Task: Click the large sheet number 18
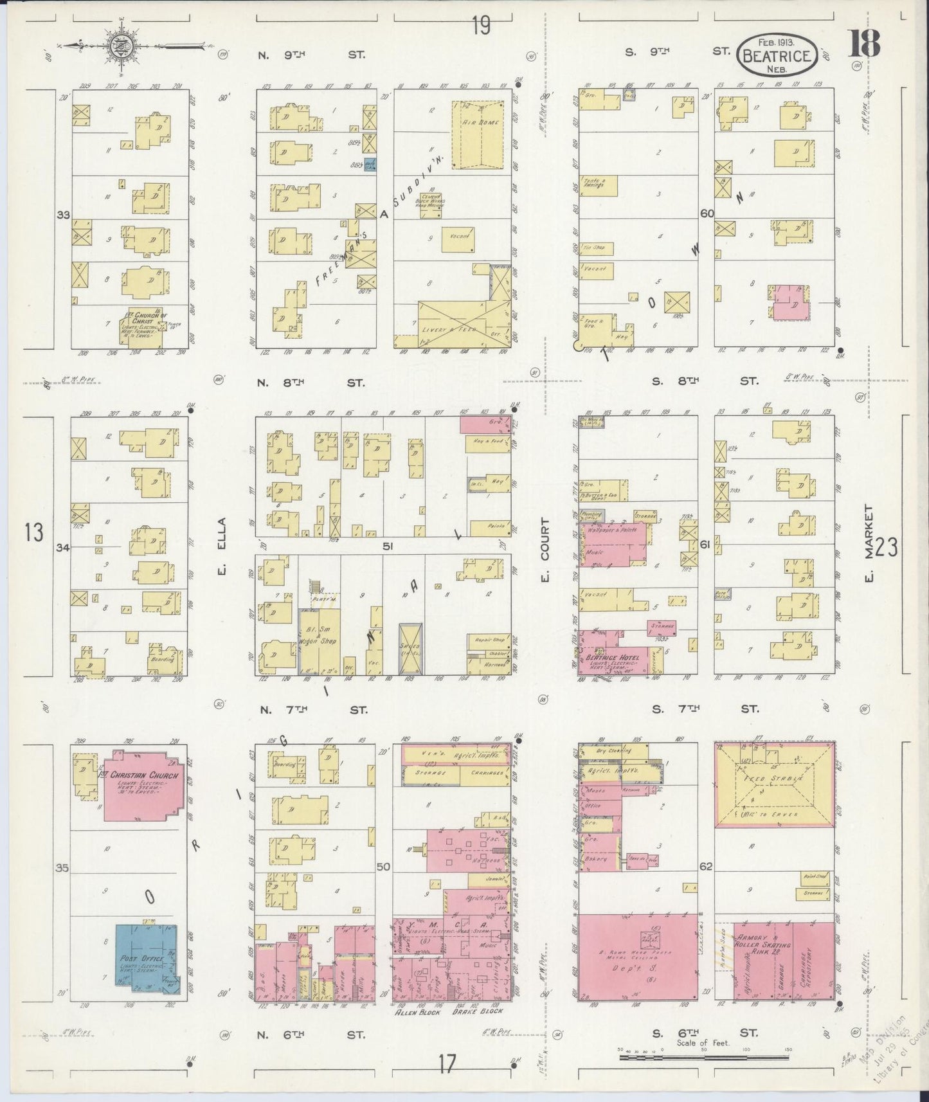(864, 44)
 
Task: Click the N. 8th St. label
(311, 383)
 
